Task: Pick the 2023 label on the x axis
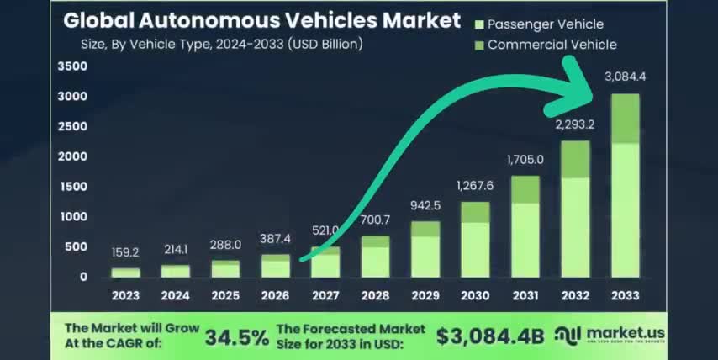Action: click(126, 295)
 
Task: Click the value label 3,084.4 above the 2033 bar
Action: click(625, 77)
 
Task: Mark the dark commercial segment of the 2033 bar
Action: click(625, 119)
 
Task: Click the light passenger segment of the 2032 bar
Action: click(575, 227)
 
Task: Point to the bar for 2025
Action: click(225, 268)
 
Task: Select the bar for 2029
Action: click(425, 249)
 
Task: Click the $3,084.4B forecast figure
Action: click(490, 337)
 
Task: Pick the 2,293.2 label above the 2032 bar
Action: click(575, 124)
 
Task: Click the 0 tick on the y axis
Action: click(83, 277)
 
